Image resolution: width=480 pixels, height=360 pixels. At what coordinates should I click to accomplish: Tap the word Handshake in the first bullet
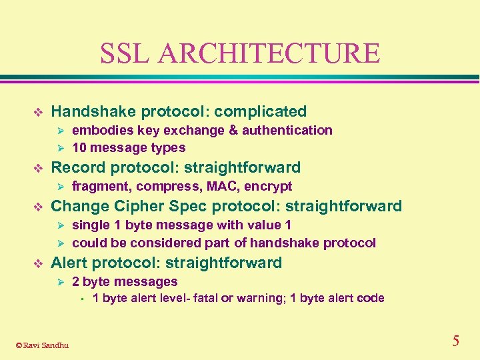(91, 111)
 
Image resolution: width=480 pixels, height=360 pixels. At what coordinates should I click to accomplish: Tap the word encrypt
(268, 186)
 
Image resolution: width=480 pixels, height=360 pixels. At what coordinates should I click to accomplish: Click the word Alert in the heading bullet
(70, 263)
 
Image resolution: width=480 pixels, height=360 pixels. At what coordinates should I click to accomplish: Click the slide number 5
(455, 341)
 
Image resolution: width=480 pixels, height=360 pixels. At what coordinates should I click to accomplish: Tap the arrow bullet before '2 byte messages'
(59, 282)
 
